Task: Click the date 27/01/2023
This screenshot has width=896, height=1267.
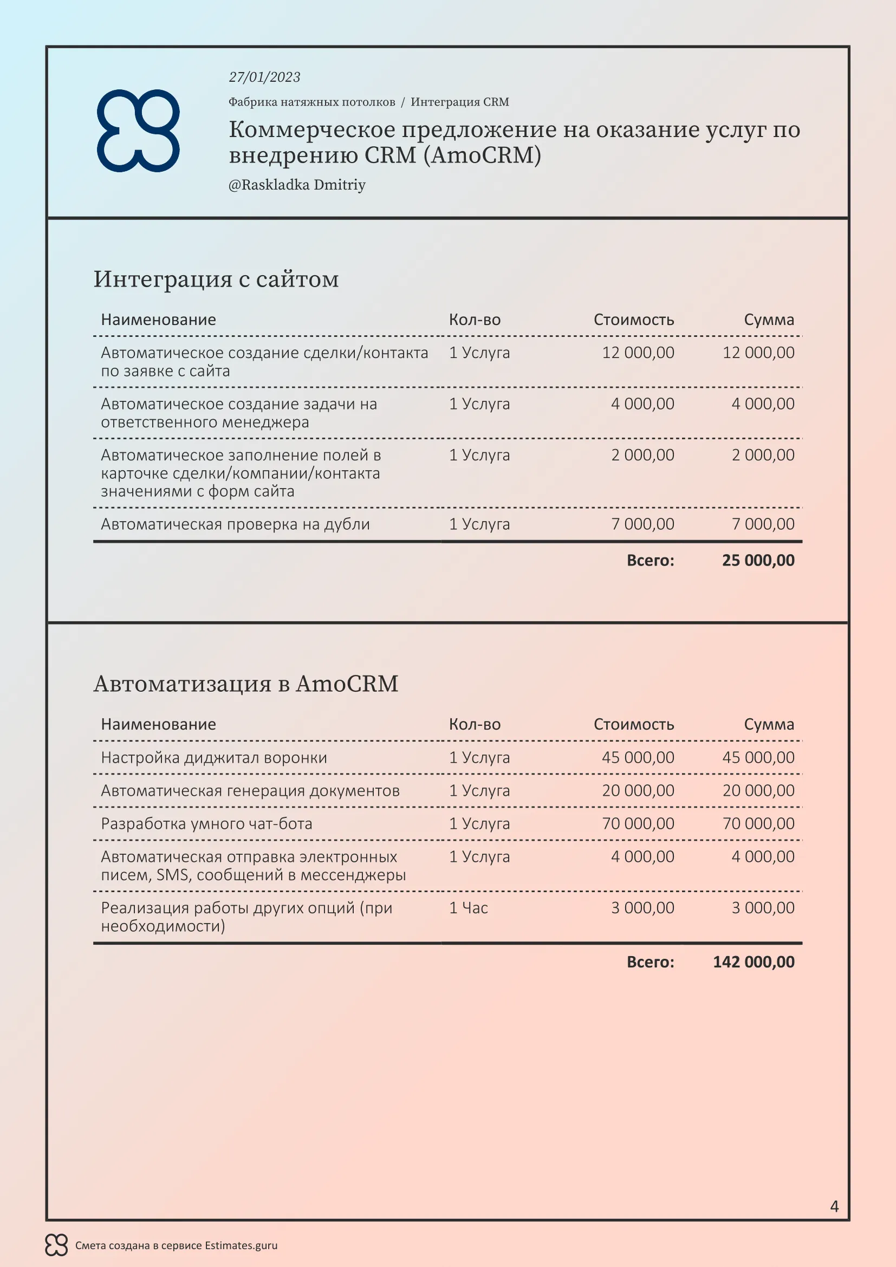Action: tap(264, 77)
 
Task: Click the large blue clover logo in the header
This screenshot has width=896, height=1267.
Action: tap(138, 131)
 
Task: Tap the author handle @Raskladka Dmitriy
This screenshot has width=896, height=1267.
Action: tap(297, 185)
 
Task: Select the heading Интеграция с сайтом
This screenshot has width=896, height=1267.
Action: tap(216, 279)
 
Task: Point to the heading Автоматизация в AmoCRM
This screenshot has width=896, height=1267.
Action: tap(245, 684)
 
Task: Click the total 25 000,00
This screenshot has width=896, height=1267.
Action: tap(758, 561)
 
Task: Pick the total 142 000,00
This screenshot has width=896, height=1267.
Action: tap(754, 963)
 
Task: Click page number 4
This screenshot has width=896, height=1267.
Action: tap(834, 1206)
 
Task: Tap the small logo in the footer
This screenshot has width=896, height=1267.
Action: tap(56, 1245)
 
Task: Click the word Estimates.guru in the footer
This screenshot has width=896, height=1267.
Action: tap(241, 1245)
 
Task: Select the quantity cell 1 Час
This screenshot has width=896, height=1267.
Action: tap(469, 908)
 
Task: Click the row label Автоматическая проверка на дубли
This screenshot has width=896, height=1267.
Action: tap(235, 524)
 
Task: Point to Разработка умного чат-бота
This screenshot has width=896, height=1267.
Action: tap(206, 824)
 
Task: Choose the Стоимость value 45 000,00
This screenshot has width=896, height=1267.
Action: tap(638, 758)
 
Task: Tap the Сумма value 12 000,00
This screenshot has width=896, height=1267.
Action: tap(758, 353)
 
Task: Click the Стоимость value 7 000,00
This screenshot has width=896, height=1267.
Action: tap(642, 524)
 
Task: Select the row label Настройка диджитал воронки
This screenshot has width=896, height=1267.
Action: tap(213, 758)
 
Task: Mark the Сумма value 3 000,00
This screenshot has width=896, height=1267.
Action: tap(763, 908)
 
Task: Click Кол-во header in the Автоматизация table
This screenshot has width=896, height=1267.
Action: tap(475, 725)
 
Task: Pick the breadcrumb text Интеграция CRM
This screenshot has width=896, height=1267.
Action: tap(459, 102)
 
